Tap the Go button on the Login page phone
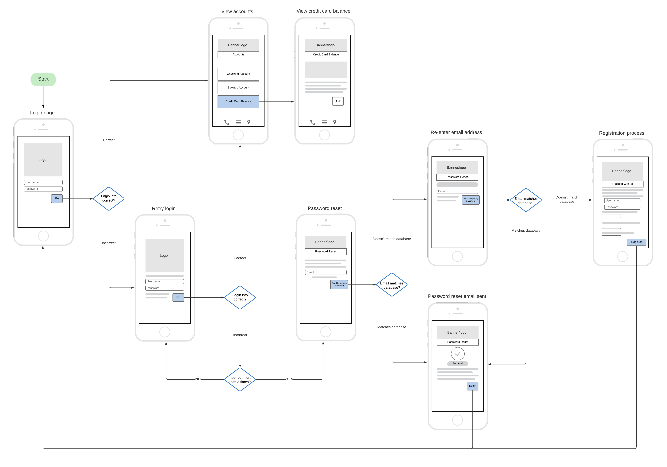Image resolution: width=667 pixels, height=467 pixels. pos(57,198)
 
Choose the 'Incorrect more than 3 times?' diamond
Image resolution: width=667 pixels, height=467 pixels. pos(240,380)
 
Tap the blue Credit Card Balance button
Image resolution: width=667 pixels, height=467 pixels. pos(238,101)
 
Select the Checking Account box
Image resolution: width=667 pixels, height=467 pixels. pos(238,74)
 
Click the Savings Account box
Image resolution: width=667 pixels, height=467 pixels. pos(238,87)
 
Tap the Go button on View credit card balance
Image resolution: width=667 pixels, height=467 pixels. pos(338,101)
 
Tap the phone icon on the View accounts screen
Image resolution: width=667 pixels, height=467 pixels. pos(227,122)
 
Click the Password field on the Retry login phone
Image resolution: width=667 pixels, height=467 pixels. pos(164,288)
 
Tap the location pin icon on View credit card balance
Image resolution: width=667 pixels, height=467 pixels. pos(335,122)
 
